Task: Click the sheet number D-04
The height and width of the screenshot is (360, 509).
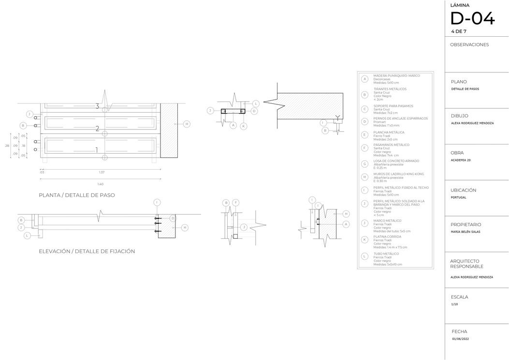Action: point(472,19)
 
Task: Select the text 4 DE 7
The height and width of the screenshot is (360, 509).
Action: point(458,31)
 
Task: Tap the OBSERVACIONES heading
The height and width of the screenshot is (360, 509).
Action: point(469,45)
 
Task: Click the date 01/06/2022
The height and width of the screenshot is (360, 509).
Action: point(460,339)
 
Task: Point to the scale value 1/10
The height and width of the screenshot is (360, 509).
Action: point(454,304)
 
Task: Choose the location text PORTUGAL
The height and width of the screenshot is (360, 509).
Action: point(458,197)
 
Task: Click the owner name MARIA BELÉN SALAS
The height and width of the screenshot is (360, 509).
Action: point(465,232)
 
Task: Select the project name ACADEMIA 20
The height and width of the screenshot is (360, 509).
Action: point(460,160)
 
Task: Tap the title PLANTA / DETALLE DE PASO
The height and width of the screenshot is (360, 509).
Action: point(77,195)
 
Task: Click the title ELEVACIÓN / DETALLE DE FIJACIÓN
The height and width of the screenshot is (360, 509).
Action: point(87,251)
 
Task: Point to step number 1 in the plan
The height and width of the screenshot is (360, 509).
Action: point(97,150)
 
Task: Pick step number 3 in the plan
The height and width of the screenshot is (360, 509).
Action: point(97,106)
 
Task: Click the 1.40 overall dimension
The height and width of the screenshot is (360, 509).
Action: point(100,184)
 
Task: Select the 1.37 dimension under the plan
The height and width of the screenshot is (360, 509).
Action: point(102,172)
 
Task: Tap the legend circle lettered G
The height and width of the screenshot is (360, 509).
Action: point(364,164)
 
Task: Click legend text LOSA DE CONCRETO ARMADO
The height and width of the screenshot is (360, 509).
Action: point(396,161)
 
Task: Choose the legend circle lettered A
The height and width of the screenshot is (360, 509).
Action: point(364,79)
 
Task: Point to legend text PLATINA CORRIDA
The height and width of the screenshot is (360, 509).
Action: point(387,237)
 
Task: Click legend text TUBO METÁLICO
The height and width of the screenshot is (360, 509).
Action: point(386,254)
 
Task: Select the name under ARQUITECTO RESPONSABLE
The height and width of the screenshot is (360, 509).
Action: point(471,277)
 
